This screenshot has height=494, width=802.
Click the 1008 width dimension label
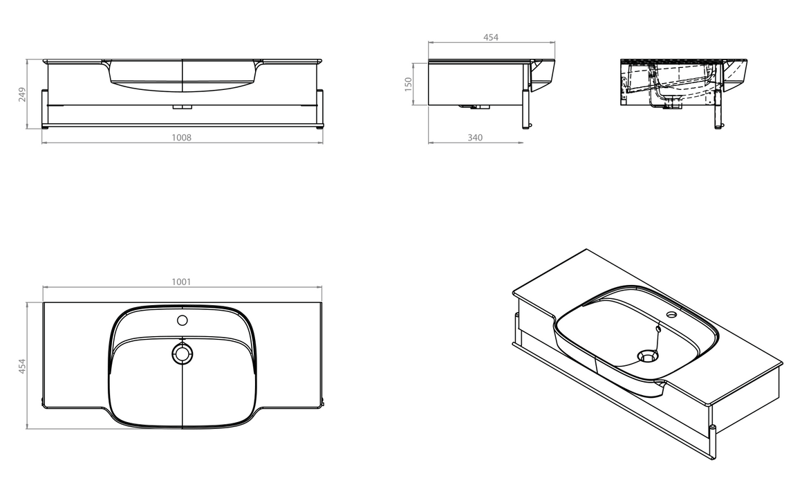(x=181, y=137)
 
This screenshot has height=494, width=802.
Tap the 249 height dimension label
(x=22, y=95)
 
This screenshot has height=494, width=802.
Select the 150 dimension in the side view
(x=408, y=84)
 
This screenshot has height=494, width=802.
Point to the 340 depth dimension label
(x=475, y=137)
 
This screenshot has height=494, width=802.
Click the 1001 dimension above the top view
(x=181, y=282)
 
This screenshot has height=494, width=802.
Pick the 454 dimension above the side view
(x=490, y=37)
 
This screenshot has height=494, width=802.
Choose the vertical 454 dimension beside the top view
(x=22, y=366)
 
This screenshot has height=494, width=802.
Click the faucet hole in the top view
(x=182, y=320)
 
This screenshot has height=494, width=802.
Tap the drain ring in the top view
(x=182, y=354)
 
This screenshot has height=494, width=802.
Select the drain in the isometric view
(x=648, y=355)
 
